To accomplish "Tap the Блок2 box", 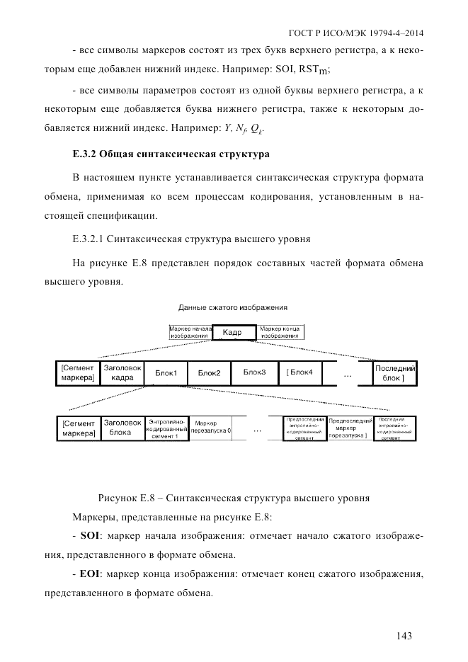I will click(209, 373).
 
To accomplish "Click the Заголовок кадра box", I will click(122, 373).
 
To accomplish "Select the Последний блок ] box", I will click(394, 373).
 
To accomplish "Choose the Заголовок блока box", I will click(122, 428).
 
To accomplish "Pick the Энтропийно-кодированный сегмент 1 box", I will click(166, 428).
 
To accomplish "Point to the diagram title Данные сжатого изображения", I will click(234, 308).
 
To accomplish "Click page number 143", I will click(404, 635).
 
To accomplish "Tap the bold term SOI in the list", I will click(91, 535).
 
